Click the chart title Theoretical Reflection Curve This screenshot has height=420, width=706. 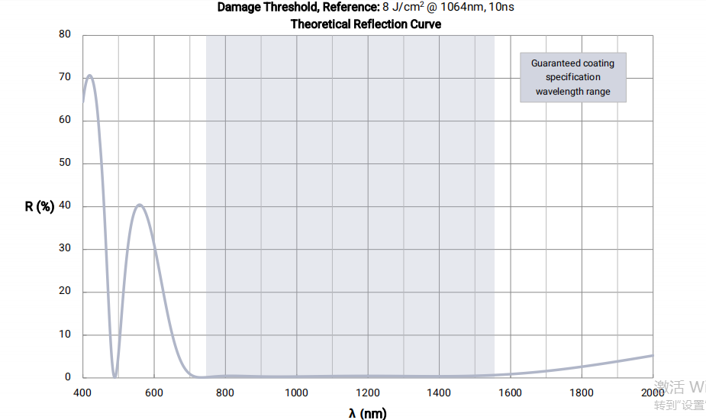tap(366, 24)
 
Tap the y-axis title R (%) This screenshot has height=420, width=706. tap(40, 206)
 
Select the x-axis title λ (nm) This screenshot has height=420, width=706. tap(368, 413)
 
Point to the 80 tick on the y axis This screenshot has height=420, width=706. tap(65, 34)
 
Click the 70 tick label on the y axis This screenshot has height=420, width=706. tap(65, 77)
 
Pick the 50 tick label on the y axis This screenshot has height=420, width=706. tap(65, 163)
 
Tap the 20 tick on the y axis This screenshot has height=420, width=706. tap(65, 291)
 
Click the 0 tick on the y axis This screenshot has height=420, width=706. tap(68, 377)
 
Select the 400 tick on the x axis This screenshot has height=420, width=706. tap(82, 393)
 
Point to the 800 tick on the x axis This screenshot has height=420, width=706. tap(225, 393)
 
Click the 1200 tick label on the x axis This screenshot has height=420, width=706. tap(368, 393)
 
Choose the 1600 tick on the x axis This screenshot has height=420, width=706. tap(511, 393)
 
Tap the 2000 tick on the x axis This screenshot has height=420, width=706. tap(653, 393)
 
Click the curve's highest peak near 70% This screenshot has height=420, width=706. tap(90, 76)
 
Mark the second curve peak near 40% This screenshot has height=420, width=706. tap(139, 205)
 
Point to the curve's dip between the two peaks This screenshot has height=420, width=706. tap(114, 376)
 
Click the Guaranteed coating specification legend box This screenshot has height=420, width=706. tap(572, 77)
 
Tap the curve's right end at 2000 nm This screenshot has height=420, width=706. tap(652, 356)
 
